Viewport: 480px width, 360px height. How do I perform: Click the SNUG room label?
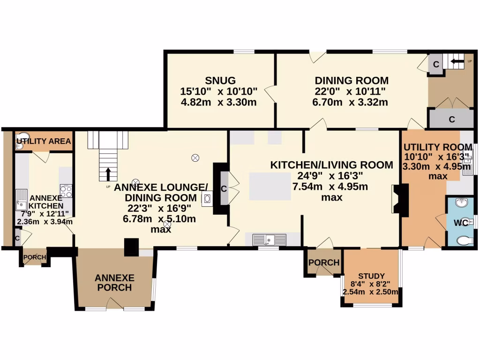[x=219, y=80]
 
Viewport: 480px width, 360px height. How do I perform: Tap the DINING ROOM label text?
[x=351, y=80]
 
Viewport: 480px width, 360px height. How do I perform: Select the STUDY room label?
[x=371, y=276]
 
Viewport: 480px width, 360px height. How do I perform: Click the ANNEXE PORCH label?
[x=114, y=282]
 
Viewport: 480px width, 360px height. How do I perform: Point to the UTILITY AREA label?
[x=44, y=141]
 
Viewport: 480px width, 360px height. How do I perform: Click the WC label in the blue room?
[x=461, y=223]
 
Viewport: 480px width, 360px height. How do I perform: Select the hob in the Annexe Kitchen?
[x=66, y=191]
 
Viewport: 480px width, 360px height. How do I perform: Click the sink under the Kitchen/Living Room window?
[x=269, y=240]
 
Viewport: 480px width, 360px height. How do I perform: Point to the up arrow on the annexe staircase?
[x=108, y=174]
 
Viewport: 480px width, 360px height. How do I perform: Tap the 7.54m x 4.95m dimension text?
[x=330, y=187]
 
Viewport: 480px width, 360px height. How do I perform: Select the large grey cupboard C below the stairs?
[x=451, y=120]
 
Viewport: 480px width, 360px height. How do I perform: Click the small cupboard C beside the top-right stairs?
[x=435, y=65]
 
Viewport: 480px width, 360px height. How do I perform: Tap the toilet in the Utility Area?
[x=19, y=146]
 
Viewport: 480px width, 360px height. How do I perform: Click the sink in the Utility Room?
[x=468, y=166]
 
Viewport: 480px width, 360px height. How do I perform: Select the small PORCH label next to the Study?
[x=324, y=262]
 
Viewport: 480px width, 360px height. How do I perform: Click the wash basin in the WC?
[x=461, y=204]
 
